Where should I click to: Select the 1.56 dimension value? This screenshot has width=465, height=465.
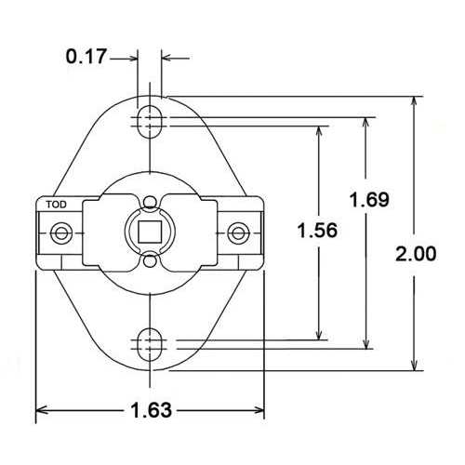pos(318,230)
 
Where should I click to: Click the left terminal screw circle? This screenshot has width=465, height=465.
pos(61,231)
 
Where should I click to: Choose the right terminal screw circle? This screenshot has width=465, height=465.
pos(238,231)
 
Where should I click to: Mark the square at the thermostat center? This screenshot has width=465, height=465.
pos(150,231)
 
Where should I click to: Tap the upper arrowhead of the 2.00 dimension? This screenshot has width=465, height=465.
pos(416,101)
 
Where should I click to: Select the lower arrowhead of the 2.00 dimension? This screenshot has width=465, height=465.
pos(416,364)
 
